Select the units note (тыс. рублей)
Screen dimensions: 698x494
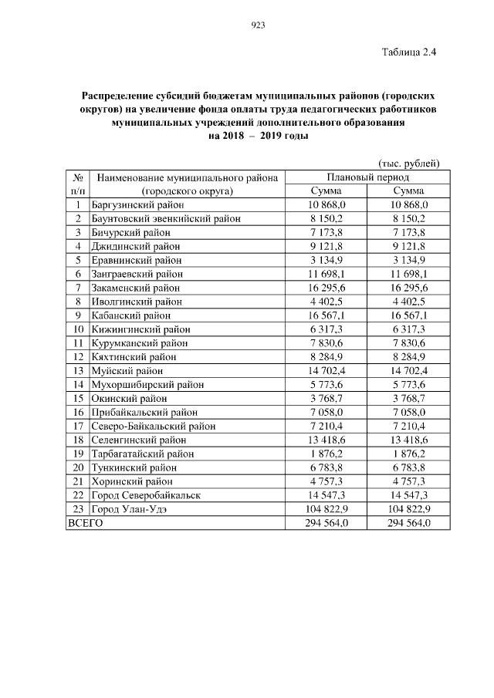[x=408, y=163]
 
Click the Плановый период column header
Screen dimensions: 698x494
[x=357, y=177]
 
